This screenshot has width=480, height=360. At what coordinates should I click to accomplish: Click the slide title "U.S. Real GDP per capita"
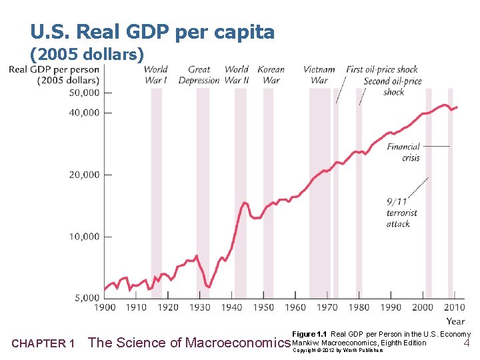152,32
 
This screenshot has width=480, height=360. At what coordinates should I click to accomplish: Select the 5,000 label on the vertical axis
86,298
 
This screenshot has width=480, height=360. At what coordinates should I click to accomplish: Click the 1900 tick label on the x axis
105,307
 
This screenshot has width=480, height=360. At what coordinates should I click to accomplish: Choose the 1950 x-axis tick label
264,307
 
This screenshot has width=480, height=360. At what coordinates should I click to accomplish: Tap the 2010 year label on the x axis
455,307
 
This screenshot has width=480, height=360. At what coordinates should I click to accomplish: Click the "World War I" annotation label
155,75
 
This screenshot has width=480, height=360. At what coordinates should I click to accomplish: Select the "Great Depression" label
199,75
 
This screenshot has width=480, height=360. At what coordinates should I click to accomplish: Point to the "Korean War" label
271,75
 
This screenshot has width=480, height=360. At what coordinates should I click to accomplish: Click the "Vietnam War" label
319,75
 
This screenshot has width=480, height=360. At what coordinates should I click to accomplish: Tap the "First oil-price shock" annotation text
382,69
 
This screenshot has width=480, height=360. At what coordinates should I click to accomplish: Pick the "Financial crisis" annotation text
403,152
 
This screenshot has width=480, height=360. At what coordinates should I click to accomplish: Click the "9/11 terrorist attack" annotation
401,212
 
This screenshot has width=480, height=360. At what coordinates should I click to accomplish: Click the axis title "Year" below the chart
456,321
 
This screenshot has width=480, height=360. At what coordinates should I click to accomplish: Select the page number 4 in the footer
467,343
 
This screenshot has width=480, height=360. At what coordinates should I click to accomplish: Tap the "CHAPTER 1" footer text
43,344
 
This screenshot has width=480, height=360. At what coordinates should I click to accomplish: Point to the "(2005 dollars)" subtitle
87,54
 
